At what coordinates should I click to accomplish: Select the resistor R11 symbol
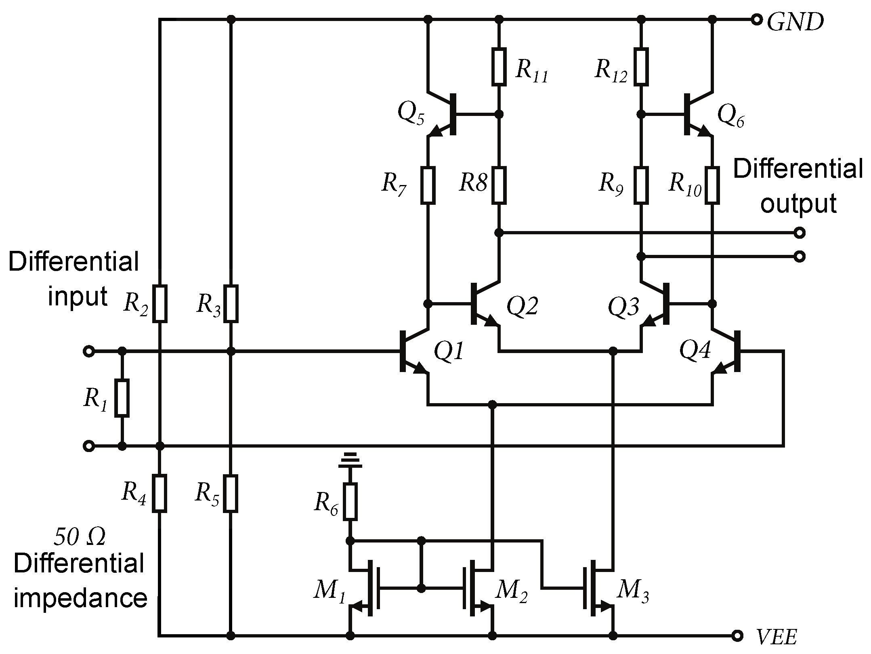point(499,67)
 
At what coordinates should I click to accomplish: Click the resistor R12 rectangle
point(641,67)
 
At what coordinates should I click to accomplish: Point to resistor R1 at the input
point(122,398)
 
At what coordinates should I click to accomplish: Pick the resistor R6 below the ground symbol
point(350,501)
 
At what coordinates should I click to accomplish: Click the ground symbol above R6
point(350,461)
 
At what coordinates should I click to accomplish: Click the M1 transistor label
point(330,592)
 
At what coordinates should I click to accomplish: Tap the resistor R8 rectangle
point(499,185)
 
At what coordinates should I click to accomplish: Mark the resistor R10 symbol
point(712,185)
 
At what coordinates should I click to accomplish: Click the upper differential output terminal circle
point(799,233)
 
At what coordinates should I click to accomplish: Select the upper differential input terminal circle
point(89,351)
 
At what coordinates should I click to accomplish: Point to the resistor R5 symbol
point(231,494)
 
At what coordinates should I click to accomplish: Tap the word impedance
point(80,598)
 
